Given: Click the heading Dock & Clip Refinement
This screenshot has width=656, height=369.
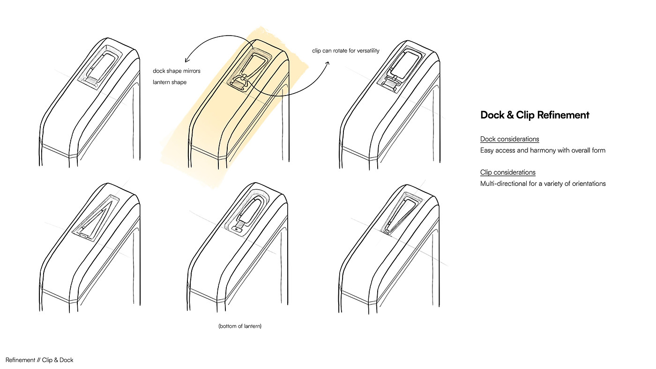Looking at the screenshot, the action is pos(535,115).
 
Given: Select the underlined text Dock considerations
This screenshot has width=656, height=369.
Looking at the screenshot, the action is pos(509,139).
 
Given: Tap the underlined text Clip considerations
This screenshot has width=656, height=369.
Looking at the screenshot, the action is pos(507,172).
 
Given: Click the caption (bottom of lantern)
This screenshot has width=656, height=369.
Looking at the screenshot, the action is pos(240,326).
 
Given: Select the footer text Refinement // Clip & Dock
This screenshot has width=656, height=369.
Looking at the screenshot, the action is pos(39,360).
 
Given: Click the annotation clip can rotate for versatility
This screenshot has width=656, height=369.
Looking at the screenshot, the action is pos(346,51).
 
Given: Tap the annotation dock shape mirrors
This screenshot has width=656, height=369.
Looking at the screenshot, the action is pos(177,71).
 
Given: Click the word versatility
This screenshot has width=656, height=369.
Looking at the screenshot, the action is pos(367,51).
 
